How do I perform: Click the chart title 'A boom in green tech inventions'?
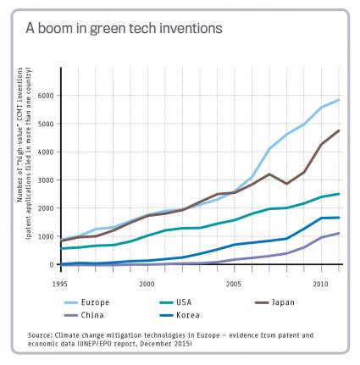point(124,28)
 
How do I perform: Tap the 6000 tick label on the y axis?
point(46,96)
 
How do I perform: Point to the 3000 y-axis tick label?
point(46,180)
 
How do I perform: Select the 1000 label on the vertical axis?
point(46,236)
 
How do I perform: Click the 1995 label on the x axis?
point(60,284)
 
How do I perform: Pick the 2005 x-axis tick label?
point(234,284)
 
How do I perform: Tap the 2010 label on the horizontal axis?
point(321,284)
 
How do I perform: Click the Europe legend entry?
point(86,302)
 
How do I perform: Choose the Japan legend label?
point(274,302)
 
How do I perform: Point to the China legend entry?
point(84,315)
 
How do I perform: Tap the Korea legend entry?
point(180,315)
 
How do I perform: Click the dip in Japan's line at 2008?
point(287,184)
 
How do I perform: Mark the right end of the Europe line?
point(339,100)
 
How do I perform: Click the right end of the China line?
point(339,233)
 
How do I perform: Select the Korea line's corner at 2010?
point(322,218)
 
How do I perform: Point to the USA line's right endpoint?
point(339,194)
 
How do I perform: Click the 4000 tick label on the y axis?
point(46,152)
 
